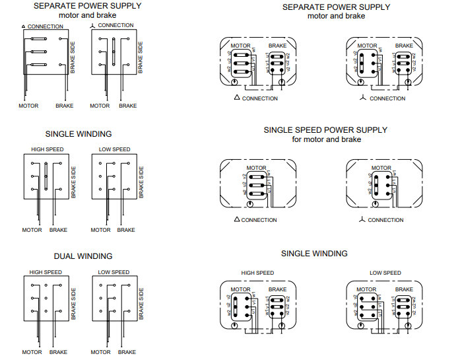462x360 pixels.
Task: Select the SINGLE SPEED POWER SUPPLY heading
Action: [325, 130]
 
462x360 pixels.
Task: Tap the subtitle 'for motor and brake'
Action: [326, 139]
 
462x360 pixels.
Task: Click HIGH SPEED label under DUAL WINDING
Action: [46, 272]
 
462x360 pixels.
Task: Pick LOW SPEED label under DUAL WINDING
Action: [114, 272]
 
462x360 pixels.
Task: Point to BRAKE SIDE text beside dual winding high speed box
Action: [74, 303]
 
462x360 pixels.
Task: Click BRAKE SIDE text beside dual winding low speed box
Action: [141, 303]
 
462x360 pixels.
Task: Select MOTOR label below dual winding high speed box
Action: [32, 352]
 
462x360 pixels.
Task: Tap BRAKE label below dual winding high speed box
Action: [58, 352]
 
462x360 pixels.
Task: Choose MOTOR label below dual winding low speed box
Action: [100, 352]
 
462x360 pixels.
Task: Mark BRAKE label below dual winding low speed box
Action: [127, 352]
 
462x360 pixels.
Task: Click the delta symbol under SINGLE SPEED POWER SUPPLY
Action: [237, 219]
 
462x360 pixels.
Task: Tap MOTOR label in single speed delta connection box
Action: [256, 168]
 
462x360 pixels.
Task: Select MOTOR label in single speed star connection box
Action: [381, 168]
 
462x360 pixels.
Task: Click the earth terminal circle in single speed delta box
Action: [248, 203]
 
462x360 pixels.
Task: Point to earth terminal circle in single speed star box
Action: [374, 203]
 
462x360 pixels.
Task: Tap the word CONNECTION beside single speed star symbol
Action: [385, 220]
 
